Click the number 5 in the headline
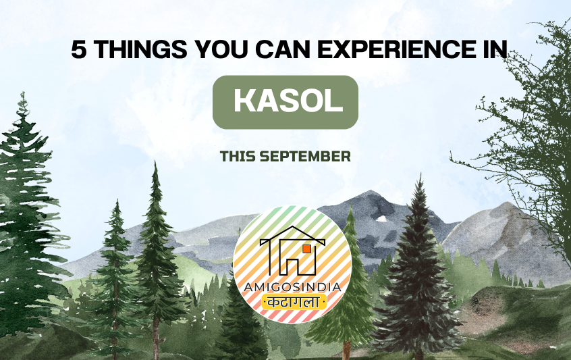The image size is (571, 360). [x=79, y=49]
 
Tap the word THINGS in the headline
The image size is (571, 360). [x=141, y=49]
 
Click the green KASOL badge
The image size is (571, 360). [x=285, y=102]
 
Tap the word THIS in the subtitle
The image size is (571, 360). [x=238, y=156]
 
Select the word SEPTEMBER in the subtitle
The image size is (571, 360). [x=305, y=156]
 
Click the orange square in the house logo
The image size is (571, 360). [x=306, y=249]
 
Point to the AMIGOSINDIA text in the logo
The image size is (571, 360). [x=292, y=287]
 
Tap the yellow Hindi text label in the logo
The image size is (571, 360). [x=294, y=302]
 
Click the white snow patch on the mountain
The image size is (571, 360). [x=381, y=219]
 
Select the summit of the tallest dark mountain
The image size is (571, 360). [x=371, y=190]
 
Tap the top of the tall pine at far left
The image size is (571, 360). [x=24, y=93]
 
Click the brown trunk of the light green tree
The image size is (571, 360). [x=346, y=350]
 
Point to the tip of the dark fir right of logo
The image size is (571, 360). [x=420, y=175]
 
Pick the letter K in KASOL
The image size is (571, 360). [x=244, y=101]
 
